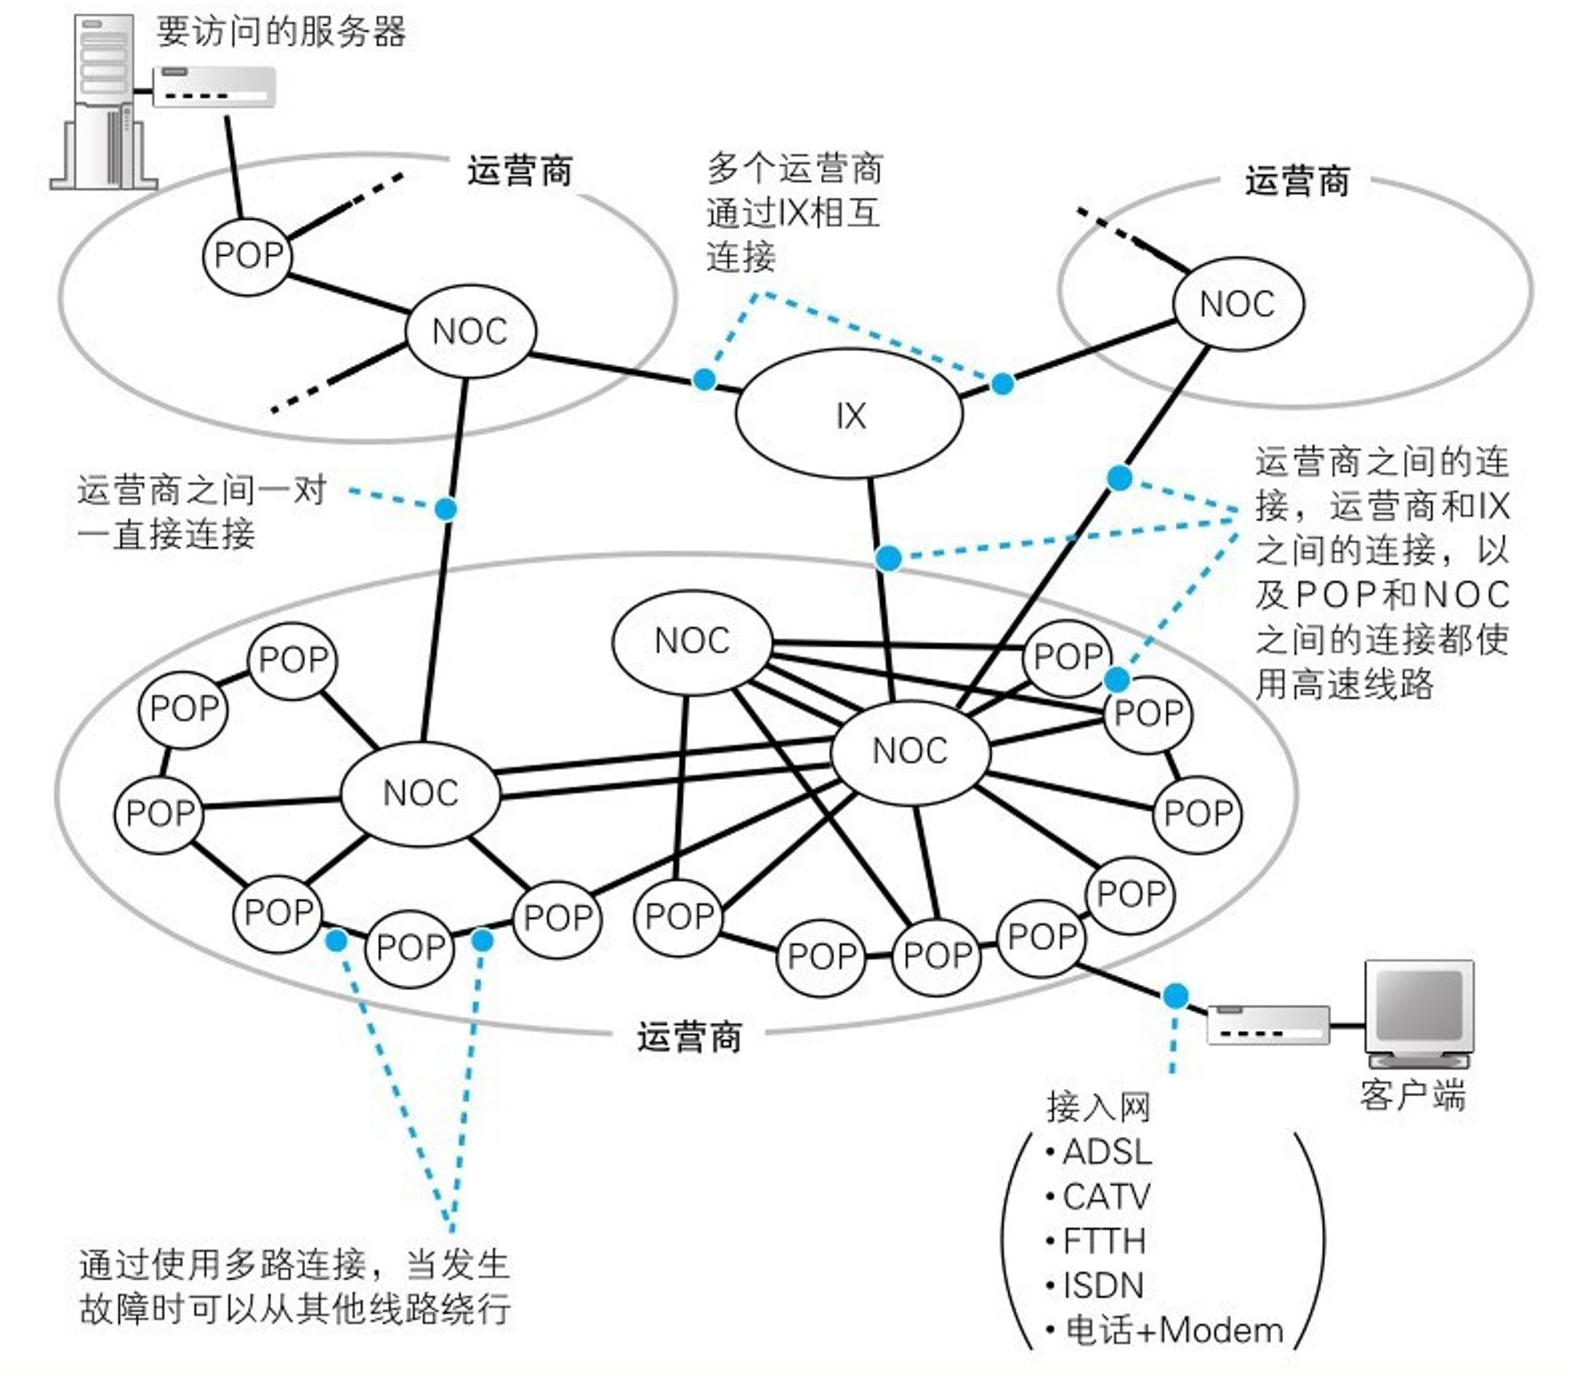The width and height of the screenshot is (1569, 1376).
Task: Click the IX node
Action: point(849,414)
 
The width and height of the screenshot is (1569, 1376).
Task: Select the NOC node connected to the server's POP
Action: point(471,331)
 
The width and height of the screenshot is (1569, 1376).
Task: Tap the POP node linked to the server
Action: point(248,255)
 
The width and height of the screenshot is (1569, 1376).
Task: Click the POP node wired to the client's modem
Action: point(1042,937)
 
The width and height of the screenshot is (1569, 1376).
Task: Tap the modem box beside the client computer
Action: point(1268,1024)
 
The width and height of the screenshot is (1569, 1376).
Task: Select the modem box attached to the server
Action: point(213,86)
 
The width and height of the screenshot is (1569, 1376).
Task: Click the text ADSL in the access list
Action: point(1107,1152)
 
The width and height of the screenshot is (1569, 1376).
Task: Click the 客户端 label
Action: point(1413,1095)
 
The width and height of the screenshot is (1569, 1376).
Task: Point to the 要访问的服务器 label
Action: point(281,32)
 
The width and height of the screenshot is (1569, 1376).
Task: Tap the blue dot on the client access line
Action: point(1175,996)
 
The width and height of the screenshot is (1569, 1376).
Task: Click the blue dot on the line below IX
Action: point(888,558)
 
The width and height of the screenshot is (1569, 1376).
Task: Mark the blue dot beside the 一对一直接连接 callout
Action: point(446,510)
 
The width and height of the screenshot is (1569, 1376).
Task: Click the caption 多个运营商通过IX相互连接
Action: point(794,212)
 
